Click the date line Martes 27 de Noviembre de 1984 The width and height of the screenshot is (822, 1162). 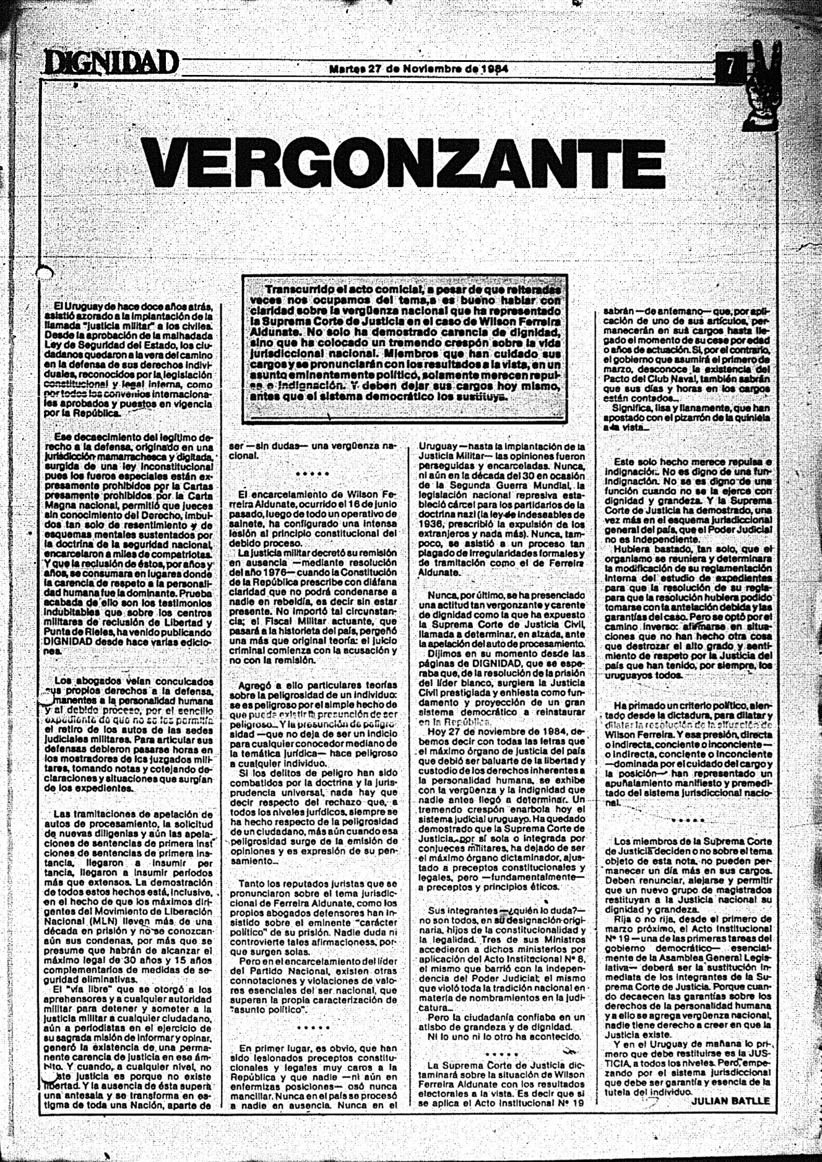(x=419, y=69)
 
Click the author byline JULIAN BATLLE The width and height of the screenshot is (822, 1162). (x=730, y=1100)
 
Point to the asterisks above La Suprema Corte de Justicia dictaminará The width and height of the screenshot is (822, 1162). (x=501, y=1054)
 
